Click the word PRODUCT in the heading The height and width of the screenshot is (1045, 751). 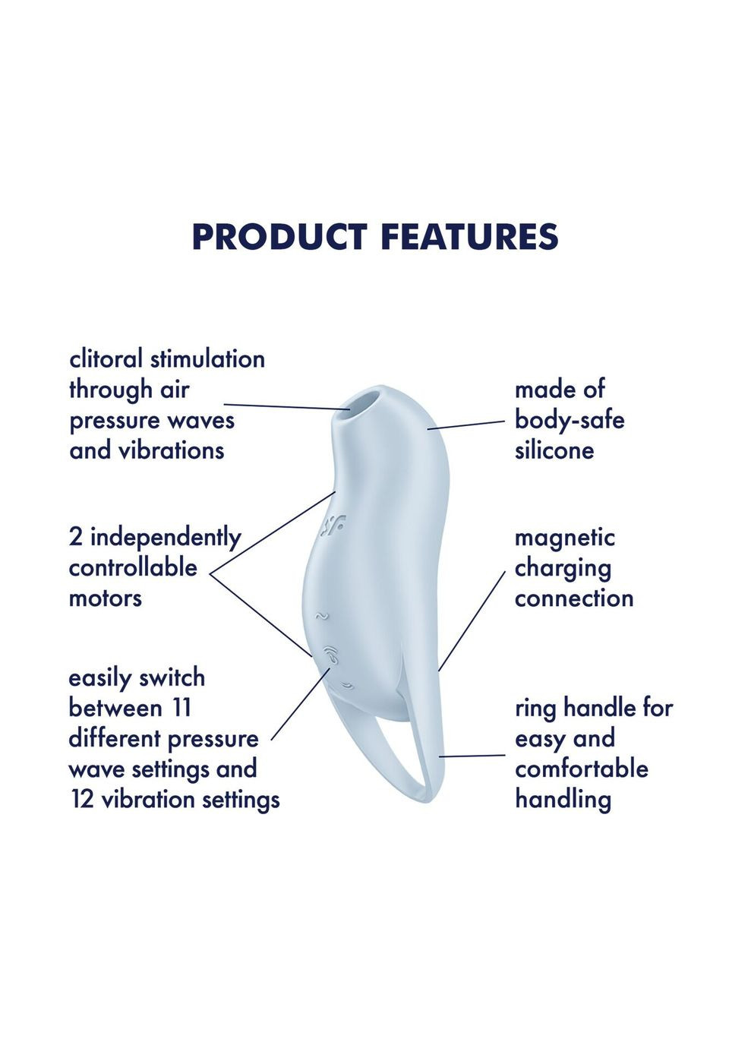[279, 236]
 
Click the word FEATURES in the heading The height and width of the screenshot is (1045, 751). [469, 236]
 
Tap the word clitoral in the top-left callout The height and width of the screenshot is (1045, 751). [106, 359]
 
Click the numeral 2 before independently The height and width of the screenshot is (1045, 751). [76, 538]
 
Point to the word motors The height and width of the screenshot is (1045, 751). [106, 598]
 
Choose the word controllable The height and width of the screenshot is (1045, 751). [133, 568]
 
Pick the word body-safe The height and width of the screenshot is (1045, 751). [569, 420]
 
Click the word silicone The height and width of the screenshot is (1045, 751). [554, 450]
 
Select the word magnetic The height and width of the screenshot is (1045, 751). [564, 538]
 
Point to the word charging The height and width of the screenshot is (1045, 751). [563, 569]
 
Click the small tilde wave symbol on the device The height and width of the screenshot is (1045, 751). [322, 617]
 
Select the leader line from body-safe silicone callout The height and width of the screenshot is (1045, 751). [465, 424]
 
